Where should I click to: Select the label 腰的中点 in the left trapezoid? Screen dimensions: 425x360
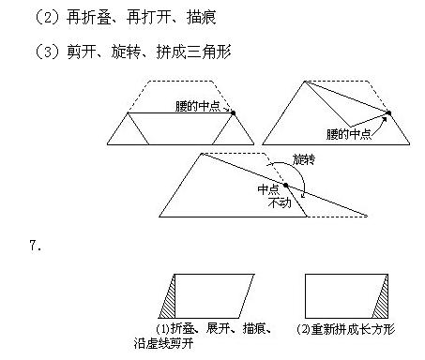pyautogui.click(x=195, y=105)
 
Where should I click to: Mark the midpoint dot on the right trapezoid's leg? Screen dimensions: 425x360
pyautogui.click(x=387, y=112)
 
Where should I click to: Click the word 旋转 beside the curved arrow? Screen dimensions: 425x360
pyautogui.click(x=304, y=160)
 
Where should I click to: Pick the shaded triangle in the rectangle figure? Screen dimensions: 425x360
pyautogui.click(x=381, y=299)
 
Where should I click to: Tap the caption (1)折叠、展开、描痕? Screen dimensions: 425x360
pyautogui.click(x=213, y=328)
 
